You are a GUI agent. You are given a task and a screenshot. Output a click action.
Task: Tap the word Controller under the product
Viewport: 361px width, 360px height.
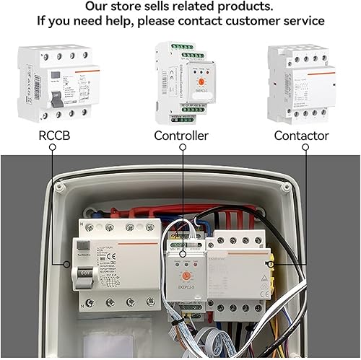click(x=181, y=136)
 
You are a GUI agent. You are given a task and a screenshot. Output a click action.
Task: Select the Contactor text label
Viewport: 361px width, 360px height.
click(x=302, y=136)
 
